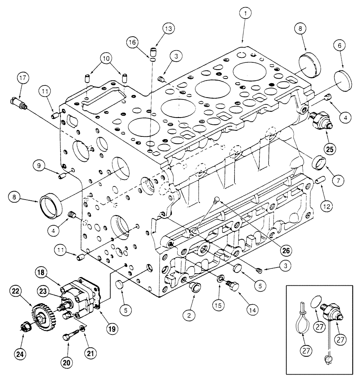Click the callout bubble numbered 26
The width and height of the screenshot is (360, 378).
[287, 249]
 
